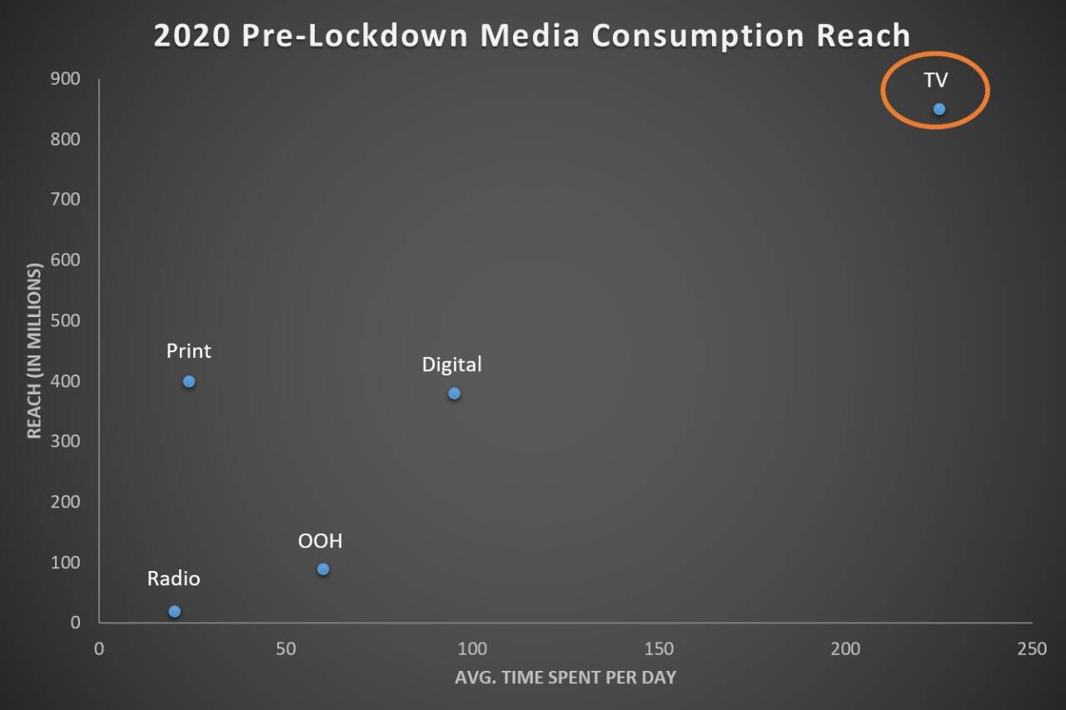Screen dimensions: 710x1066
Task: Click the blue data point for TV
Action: click(x=939, y=109)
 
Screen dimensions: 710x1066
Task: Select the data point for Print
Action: click(x=189, y=381)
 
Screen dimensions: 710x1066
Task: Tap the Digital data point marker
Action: click(x=454, y=394)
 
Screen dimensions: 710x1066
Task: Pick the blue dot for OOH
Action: click(x=323, y=569)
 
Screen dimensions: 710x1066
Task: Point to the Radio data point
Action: click(x=174, y=612)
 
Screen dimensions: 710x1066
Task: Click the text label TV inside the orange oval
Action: click(x=935, y=81)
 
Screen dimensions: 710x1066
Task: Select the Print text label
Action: click(x=188, y=351)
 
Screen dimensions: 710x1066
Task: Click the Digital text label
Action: click(x=451, y=365)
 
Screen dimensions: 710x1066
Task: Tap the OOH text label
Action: click(x=320, y=542)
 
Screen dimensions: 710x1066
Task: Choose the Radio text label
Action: click(x=173, y=578)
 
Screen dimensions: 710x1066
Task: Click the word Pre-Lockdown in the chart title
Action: click(x=342, y=36)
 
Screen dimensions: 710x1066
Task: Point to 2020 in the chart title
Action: click(x=192, y=36)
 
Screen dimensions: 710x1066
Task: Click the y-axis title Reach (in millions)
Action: click(x=34, y=350)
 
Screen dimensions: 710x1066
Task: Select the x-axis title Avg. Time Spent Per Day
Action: click(x=565, y=678)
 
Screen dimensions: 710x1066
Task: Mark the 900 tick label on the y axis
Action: click(x=65, y=79)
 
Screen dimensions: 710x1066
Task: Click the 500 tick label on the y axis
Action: click(x=65, y=320)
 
